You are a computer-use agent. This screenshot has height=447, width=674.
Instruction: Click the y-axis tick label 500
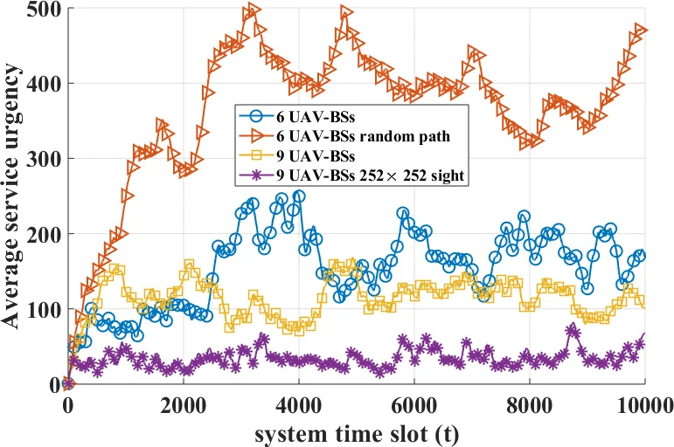pos(40,10)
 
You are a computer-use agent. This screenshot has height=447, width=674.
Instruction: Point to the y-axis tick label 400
pos(40,85)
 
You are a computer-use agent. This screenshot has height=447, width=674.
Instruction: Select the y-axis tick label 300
pos(40,160)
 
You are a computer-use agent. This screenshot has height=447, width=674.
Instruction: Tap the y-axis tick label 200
pos(40,235)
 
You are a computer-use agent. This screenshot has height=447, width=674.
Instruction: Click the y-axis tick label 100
pos(40,310)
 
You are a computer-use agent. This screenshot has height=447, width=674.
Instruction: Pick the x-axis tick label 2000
pos(183,405)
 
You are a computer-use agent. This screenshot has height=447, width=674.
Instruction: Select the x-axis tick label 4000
pos(298,405)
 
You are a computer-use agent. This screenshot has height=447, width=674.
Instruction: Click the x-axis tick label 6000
pos(413,405)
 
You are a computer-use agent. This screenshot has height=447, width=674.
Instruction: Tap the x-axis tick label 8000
pos(529,405)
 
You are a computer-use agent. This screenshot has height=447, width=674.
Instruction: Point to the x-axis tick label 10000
pos(640,405)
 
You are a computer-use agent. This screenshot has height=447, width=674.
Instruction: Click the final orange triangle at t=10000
pos(643,31)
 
